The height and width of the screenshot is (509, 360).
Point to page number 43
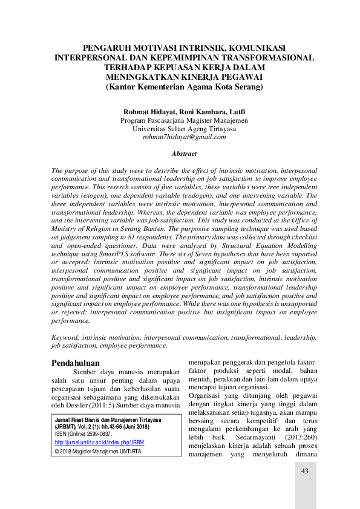point(305,471)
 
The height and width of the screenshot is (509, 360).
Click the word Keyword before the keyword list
point(66,337)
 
